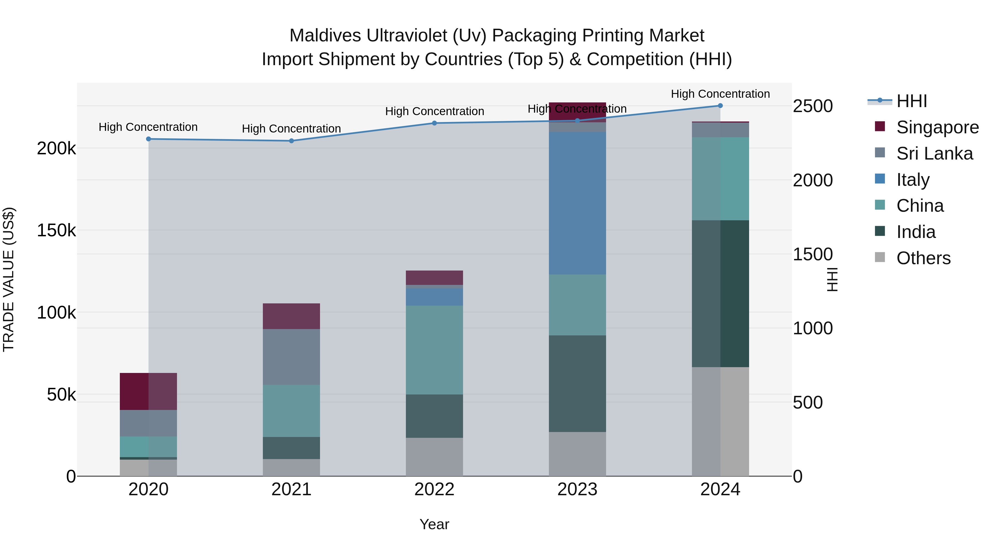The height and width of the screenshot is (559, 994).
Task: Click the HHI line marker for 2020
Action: (x=149, y=139)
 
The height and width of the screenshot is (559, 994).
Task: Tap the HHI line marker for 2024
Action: (x=720, y=106)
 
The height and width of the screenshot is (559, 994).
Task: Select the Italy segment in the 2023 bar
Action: (x=577, y=203)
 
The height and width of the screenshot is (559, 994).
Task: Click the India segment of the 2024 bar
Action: (x=720, y=294)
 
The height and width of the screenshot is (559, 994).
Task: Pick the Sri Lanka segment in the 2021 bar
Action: (x=291, y=357)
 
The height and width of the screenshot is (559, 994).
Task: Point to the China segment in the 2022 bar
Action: (x=434, y=350)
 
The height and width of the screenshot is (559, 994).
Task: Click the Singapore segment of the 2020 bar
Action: (x=149, y=391)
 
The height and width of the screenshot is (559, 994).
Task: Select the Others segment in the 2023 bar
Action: (x=577, y=454)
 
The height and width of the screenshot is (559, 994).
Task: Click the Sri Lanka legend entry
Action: (x=934, y=153)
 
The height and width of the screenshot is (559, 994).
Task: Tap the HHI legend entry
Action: (x=911, y=101)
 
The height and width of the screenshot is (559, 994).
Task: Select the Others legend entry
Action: (x=923, y=258)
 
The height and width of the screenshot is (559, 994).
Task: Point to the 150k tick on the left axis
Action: (x=56, y=231)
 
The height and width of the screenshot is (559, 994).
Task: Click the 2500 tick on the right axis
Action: (x=813, y=106)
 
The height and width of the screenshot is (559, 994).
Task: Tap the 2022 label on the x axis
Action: (x=434, y=489)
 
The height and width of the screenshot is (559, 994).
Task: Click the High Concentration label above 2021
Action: (x=291, y=128)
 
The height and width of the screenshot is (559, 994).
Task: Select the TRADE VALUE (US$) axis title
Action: (x=9, y=279)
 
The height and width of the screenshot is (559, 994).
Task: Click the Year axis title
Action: (x=434, y=524)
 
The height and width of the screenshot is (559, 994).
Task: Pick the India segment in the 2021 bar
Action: (x=291, y=448)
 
